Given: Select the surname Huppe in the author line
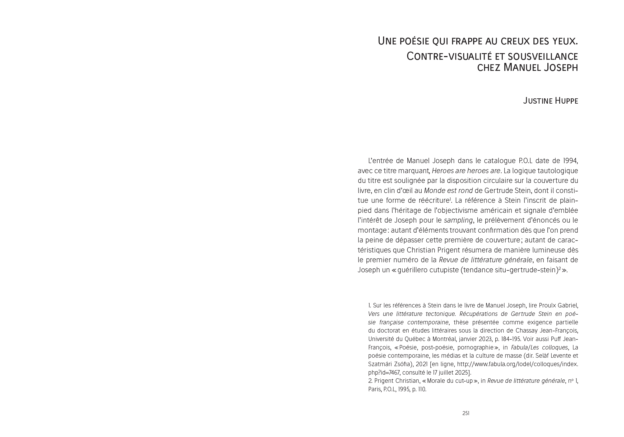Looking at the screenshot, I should [566, 101].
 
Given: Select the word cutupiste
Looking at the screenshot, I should [446, 270].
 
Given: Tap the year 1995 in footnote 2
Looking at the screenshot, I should [404, 389].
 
